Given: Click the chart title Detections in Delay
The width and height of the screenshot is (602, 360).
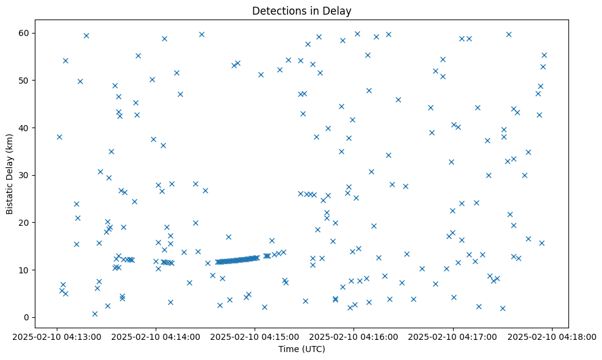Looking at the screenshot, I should tap(302, 10).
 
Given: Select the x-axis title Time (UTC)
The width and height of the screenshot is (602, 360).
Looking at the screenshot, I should tap(302, 349).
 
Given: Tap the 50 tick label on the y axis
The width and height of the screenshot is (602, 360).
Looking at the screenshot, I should tap(25, 81).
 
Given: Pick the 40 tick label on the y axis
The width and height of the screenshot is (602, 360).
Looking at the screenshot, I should tap(25, 128).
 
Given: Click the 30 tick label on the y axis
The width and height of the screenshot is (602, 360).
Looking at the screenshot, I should tap(25, 175).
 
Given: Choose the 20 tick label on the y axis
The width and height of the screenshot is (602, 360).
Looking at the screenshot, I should tap(25, 223).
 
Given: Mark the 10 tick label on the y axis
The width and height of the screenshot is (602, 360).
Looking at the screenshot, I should tap(25, 270).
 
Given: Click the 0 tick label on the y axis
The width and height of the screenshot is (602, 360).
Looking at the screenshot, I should tap(27, 317).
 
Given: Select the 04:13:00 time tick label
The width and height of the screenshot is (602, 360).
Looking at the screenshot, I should tap(57, 336).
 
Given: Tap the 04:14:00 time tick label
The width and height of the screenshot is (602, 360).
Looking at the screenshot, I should tap(156, 336).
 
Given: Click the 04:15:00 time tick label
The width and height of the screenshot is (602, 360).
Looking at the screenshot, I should tap(255, 336).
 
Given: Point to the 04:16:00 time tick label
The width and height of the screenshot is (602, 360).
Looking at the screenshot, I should tap(354, 336).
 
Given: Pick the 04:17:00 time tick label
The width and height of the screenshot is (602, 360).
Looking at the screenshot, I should tap(454, 336).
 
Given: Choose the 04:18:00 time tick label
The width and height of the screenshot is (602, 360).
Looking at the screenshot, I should tap(553, 336).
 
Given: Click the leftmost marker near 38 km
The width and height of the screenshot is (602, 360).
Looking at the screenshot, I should tap(59, 137).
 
